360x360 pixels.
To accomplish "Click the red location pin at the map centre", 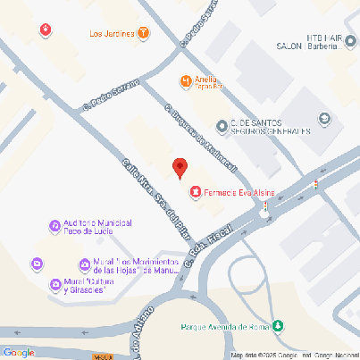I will (180, 166).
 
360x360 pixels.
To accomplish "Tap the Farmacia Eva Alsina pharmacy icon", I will (195, 190).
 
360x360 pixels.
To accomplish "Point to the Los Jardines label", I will (113, 34).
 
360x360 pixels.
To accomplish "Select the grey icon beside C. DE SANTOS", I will (222, 124).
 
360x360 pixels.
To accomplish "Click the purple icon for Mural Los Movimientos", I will (37, 265).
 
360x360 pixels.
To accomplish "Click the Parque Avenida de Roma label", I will (225, 326).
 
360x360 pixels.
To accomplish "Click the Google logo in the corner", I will (18, 352).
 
